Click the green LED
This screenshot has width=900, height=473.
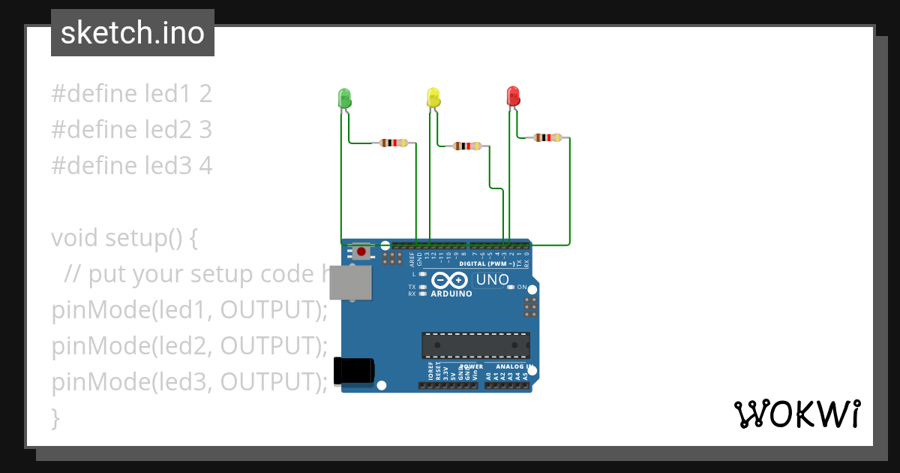[x=344, y=98]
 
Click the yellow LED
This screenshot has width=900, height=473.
[x=433, y=98]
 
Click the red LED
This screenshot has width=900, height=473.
[x=513, y=96]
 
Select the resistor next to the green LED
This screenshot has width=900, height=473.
[x=394, y=143]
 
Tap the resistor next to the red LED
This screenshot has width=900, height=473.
[x=547, y=137]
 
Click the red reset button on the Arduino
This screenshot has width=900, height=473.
[x=361, y=252]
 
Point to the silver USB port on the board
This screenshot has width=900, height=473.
[x=351, y=283]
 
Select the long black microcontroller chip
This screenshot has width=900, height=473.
[x=475, y=345]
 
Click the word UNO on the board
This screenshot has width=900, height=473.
[x=493, y=281]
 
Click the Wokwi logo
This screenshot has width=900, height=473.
[x=796, y=414]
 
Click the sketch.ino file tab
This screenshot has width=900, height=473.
[x=133, y=33]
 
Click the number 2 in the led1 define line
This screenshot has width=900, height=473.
[x=205, y=94]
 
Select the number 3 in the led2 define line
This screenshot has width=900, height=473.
[x=205, y=130]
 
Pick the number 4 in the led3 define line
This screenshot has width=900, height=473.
[x=205, y=166]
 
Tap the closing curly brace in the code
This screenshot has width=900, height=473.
[x=55, y=417]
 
